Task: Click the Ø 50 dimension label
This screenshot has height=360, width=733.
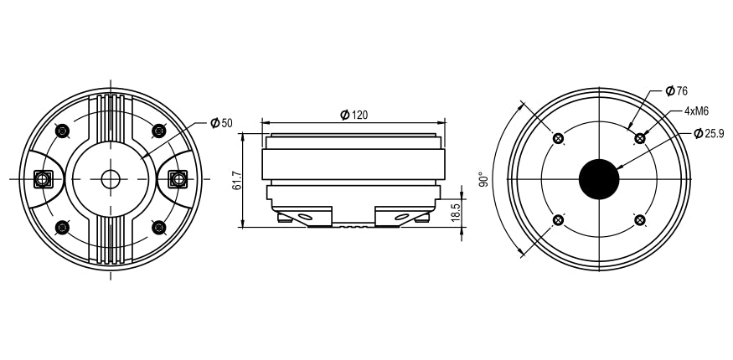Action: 221,123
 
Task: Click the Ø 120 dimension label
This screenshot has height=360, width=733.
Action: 354,115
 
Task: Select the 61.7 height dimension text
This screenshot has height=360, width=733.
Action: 237,180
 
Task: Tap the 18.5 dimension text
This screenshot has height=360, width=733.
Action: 457,212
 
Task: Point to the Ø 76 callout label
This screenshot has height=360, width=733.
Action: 676,90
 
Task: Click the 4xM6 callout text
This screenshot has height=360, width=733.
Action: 696,111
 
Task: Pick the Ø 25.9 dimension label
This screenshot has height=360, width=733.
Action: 710,134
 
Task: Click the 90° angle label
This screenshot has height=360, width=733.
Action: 484,179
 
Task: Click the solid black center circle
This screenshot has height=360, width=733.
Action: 599,179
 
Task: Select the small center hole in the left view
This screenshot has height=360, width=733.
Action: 111,179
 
